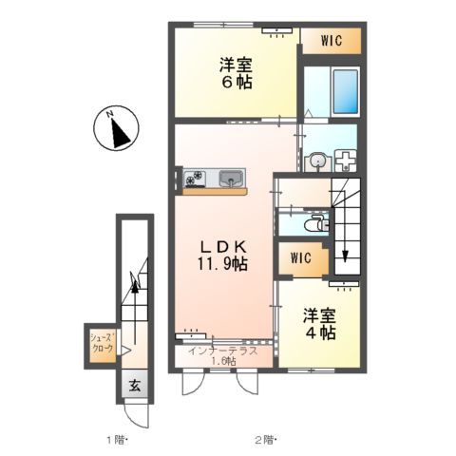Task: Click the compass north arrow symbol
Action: click(x=116, y=127)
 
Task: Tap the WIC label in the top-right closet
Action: click(x=332, y=41)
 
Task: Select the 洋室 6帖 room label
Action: click(x=237, y=74)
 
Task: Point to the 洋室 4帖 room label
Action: click(x=320, y=324)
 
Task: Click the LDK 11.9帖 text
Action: click(x=222, y=256)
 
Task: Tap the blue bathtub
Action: click(x=346, y=91)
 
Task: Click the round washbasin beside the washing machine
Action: click(x=315, y=161)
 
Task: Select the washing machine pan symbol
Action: click(x=346, y=160)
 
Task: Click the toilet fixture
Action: click(x=315, y=224)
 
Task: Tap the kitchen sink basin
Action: click(x=232, y=179)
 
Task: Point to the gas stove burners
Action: click(x=195, y=179)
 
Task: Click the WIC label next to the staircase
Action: click(x=301, y=258)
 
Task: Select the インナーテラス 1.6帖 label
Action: click(x=223, y=356)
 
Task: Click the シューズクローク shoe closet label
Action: click(x=102, y=343)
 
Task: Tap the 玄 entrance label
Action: click(x=135, y=386)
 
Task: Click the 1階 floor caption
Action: click(x=117, y=440)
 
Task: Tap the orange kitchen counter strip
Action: click(x=216, y=192)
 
